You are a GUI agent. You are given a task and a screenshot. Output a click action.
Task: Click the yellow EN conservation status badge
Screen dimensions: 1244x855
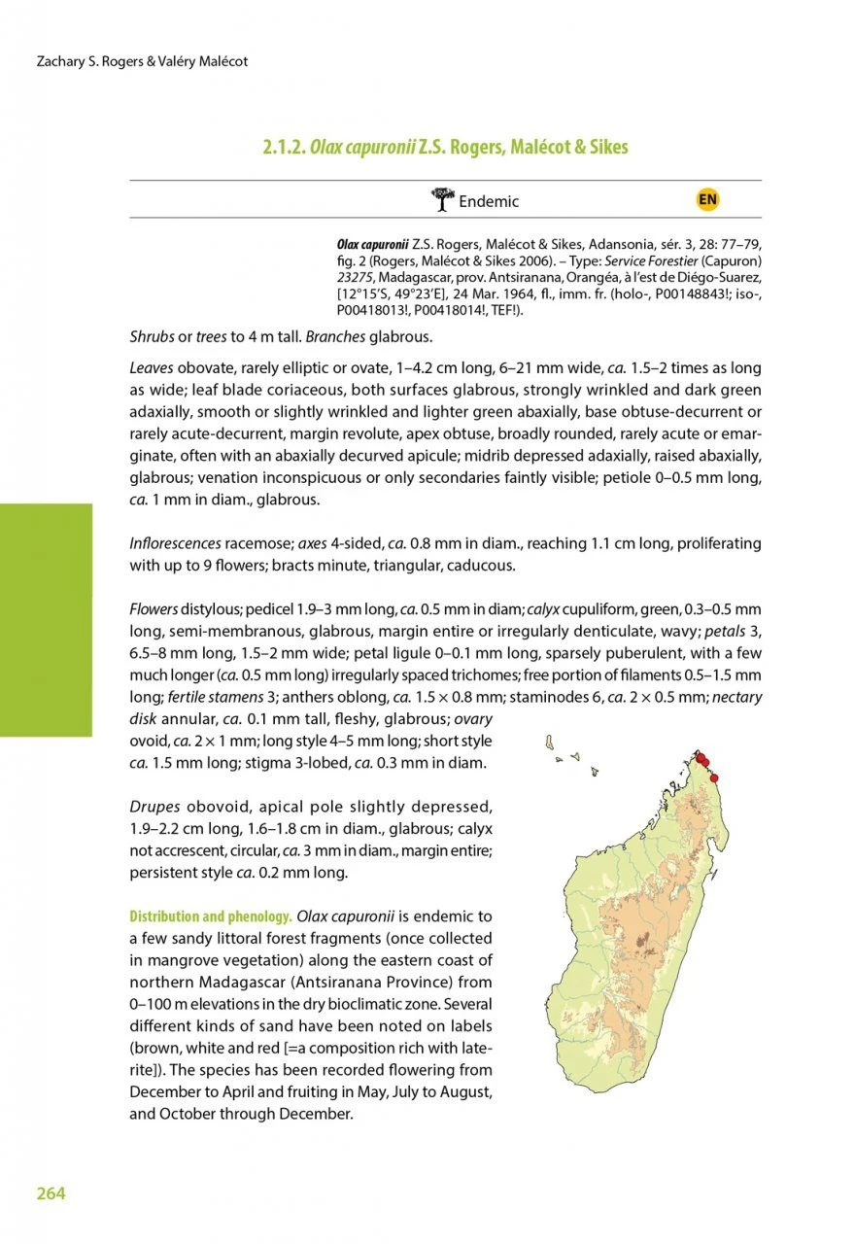[x=707, y=200]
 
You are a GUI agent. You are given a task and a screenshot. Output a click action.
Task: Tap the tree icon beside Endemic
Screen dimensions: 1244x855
[x=442, y=200]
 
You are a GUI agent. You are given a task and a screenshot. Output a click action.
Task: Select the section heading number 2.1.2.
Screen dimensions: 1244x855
[x=283, y=148]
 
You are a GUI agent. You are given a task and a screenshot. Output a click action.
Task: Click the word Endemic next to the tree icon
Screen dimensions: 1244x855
[x=489, y=202]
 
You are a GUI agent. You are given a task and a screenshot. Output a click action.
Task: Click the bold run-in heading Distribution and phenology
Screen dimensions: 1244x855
[x=211, y=916]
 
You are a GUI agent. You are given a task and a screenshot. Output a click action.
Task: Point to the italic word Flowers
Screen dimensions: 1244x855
[x=154, y=609]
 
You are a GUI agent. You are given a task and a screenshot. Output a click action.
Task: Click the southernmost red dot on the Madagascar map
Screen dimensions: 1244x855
[x=713, y=777]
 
